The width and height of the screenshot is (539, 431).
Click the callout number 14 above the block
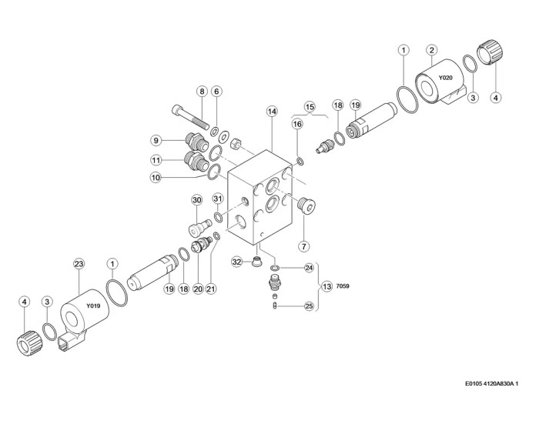(272, 112)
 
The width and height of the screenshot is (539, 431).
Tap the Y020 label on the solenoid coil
(446, 78)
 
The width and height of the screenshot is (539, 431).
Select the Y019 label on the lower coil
(93, 306)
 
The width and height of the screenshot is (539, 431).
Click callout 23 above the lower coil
(79, 264)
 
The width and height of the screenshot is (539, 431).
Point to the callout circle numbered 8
(202, 92)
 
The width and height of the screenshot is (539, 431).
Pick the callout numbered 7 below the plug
(304, 246)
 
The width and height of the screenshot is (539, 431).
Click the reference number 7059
(343, 286)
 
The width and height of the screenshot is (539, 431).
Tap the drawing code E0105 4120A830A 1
(491, 383)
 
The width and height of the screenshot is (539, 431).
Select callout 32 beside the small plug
(237, 262)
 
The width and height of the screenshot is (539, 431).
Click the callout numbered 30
(197, 200)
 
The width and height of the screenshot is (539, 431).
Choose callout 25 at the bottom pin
(310, 306)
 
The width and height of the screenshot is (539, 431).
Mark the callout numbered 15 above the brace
(310, 107)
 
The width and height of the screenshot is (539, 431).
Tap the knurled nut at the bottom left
(29, 342)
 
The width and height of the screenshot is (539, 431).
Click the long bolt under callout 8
(190, 117)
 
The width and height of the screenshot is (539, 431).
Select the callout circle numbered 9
(156, 140)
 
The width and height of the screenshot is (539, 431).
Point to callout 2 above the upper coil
(432, 50)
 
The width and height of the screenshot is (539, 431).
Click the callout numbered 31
(218, 199)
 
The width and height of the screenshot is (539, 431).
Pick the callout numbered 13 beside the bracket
(327, 286)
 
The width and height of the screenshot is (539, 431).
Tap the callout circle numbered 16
(297, 124)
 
